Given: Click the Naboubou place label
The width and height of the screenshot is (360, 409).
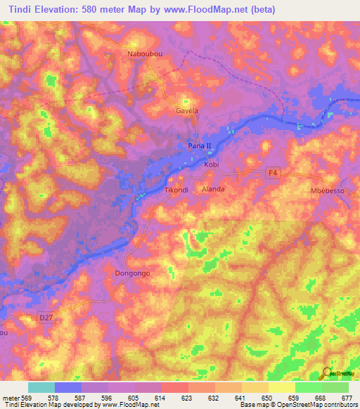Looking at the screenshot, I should click(145, 54).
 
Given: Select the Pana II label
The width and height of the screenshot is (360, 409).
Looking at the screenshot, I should click(200, 145).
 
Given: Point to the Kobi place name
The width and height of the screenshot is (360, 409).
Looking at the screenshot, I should click(212, 164).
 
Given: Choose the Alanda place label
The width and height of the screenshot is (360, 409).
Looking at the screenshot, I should click(213, 189).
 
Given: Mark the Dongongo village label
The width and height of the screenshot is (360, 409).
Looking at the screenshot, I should click(133, 272).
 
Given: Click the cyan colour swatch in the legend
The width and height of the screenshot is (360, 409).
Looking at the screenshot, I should click(41, 387).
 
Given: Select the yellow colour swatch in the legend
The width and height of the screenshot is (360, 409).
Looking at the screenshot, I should click(282, 387).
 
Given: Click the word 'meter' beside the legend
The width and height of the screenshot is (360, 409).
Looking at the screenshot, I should click(11, 398).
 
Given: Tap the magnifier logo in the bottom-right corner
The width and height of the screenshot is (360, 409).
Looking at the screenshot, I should click(326, 374).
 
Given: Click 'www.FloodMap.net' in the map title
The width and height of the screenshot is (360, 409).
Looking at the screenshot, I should click(216, 9).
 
